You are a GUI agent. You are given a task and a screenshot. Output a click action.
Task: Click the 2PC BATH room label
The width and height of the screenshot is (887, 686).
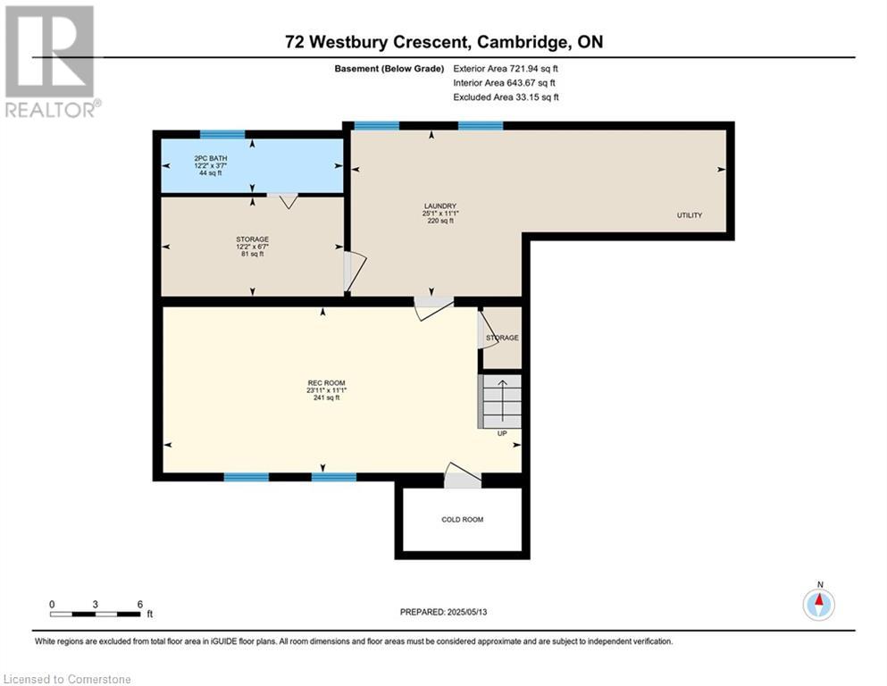(211, 158)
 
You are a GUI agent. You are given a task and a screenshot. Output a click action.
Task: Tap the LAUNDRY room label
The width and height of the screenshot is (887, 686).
(440, 205)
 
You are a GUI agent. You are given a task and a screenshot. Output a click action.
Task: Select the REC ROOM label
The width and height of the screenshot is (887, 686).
(326, 383)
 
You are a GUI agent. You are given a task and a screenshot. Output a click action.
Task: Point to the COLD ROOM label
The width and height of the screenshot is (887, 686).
(462, 519)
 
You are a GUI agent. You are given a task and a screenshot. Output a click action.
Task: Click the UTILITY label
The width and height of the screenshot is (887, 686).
(690, 215)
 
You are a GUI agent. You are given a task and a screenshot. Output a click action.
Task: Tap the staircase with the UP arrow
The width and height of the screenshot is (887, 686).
(500, 401)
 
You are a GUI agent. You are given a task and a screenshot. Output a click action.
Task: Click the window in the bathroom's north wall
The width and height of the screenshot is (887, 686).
(223, 135)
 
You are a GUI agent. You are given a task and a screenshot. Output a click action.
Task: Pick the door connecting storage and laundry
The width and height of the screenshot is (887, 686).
(355, 272)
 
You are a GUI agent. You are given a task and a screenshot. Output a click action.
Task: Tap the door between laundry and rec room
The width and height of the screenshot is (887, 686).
(434, 308)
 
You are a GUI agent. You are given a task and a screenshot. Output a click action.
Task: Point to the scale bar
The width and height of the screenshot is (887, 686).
(95, 614)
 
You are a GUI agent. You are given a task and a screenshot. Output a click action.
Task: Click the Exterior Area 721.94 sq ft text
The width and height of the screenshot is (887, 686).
(506, 69)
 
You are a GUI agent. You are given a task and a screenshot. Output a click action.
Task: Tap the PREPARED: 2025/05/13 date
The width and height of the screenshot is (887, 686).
(443, 612)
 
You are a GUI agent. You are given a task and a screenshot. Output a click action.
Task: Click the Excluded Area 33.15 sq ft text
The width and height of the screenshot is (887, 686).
(506, 96)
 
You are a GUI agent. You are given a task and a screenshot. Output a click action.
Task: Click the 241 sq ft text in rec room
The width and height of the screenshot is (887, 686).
(326, 397)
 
